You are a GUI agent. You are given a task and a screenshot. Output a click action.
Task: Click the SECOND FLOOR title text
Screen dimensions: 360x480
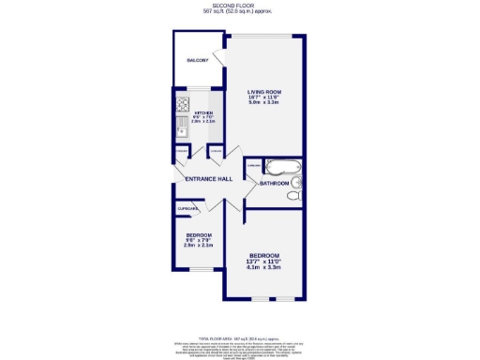239,6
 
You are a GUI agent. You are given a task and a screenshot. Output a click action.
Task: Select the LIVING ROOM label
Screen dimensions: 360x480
264,90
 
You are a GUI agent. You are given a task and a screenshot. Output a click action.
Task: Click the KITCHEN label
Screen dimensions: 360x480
203,112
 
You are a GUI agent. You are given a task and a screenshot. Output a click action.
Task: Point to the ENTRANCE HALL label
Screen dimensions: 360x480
208,179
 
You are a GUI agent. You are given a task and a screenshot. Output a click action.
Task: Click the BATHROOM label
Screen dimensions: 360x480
275,184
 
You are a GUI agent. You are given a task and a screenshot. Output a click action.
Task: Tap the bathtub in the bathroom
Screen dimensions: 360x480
280,169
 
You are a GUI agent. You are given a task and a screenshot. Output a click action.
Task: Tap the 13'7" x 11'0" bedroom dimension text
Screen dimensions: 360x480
263,261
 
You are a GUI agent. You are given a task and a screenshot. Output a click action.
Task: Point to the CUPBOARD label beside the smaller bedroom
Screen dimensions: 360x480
186,209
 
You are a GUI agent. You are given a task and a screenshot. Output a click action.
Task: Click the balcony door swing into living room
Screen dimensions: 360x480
221,58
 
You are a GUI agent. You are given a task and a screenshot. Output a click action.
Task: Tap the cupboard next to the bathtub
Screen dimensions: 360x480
252,167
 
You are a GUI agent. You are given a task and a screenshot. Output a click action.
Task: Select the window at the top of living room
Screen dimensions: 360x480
264,35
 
